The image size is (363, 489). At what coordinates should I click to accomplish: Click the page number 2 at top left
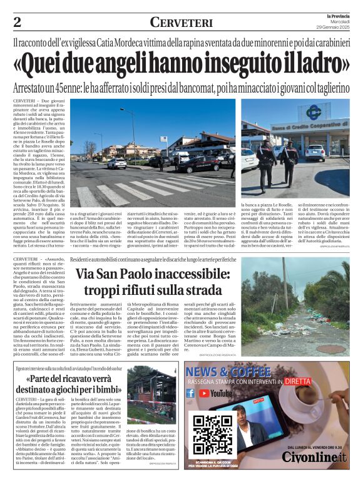point(18,23)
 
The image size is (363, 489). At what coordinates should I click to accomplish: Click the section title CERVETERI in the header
point(181,23)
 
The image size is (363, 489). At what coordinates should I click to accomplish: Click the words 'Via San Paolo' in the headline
point(116,274)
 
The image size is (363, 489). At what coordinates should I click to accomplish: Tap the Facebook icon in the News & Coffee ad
point(190,393)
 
